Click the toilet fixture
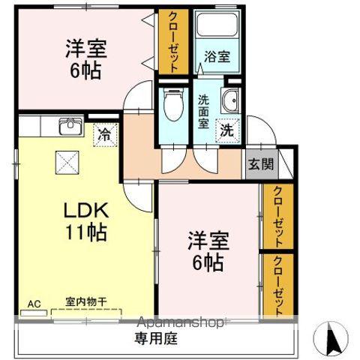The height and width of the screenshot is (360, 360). click(x=173, y=105)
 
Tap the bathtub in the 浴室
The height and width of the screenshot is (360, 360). click(x=217, y=25)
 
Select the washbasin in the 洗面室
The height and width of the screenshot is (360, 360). click(x=230, y=100)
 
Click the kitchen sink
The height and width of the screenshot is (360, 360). click(x=71, y=126)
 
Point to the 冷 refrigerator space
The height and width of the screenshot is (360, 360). click(x=105, y=135)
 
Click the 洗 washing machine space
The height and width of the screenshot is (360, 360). click(x=227, y=130)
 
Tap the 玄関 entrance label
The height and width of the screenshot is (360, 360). click(x=261, y=164)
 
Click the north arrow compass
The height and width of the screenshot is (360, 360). click(x=331, y=338)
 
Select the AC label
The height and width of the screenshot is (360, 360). click(x=34, y=304)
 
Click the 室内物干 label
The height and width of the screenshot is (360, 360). click(x=86, y=302)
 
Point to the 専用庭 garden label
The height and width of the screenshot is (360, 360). click(x=156, y=338)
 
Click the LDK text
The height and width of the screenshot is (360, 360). click(x=86, y=210)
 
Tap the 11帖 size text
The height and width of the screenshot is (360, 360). click(x=86, y=232)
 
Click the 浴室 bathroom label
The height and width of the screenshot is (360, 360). click(x=217, y=56)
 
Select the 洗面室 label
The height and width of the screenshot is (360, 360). click(x=204, y=112)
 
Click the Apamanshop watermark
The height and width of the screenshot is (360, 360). click(x=180, y=322)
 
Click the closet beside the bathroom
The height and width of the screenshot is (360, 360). click(x=173, y=42)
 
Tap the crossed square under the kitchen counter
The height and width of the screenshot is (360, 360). click(x=67, y=163)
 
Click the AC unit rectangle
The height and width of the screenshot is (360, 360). click(x=34, y=313)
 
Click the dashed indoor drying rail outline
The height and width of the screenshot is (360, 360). click(x=86, y=310)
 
